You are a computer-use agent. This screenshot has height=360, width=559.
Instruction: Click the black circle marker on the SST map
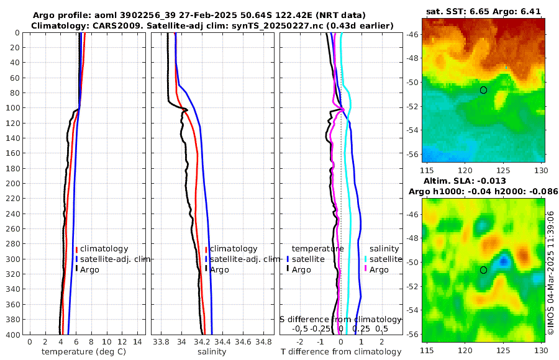[x=483, y=90]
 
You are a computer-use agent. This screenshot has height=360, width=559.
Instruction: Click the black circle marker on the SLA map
[x=483, y=270]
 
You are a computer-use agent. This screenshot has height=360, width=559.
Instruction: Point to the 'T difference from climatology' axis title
[x=340, y=352]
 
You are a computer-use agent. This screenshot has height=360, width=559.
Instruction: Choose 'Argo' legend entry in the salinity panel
[x=219, y=269]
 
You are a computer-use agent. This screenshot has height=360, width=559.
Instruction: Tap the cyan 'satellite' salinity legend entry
[x=388, y=259]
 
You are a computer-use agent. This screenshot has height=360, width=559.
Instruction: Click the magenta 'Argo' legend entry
[x=379, y=269]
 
